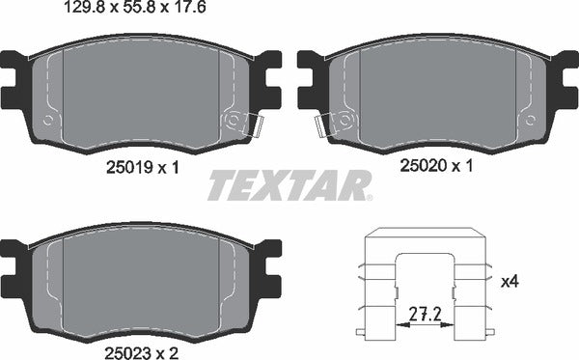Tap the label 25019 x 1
coord(140,166)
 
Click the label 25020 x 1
coord(436,166)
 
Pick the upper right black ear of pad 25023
coord(272,249)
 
